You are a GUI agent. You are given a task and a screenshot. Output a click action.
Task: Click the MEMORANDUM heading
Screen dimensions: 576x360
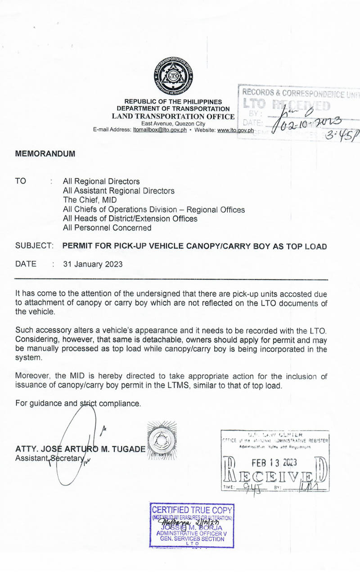coord(45,153)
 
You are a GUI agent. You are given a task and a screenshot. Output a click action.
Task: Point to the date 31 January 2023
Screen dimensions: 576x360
coord(93,264)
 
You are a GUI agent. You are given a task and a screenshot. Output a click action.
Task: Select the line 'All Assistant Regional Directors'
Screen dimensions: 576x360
coord(118,191)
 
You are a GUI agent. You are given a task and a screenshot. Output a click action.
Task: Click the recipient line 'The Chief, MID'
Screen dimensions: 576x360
coord(89,200)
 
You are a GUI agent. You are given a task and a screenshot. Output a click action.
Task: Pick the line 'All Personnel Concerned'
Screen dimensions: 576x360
coord(107,228)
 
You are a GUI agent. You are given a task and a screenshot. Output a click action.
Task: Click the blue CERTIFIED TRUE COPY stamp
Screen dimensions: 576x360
coord(192,525)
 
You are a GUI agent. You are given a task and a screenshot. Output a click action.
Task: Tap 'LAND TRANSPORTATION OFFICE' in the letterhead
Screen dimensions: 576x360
coord(173,116)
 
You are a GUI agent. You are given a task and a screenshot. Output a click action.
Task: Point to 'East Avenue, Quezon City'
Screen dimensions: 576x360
coord(173,124)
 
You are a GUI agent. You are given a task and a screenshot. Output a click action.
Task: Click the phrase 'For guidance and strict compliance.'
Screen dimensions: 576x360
coord(78,403)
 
